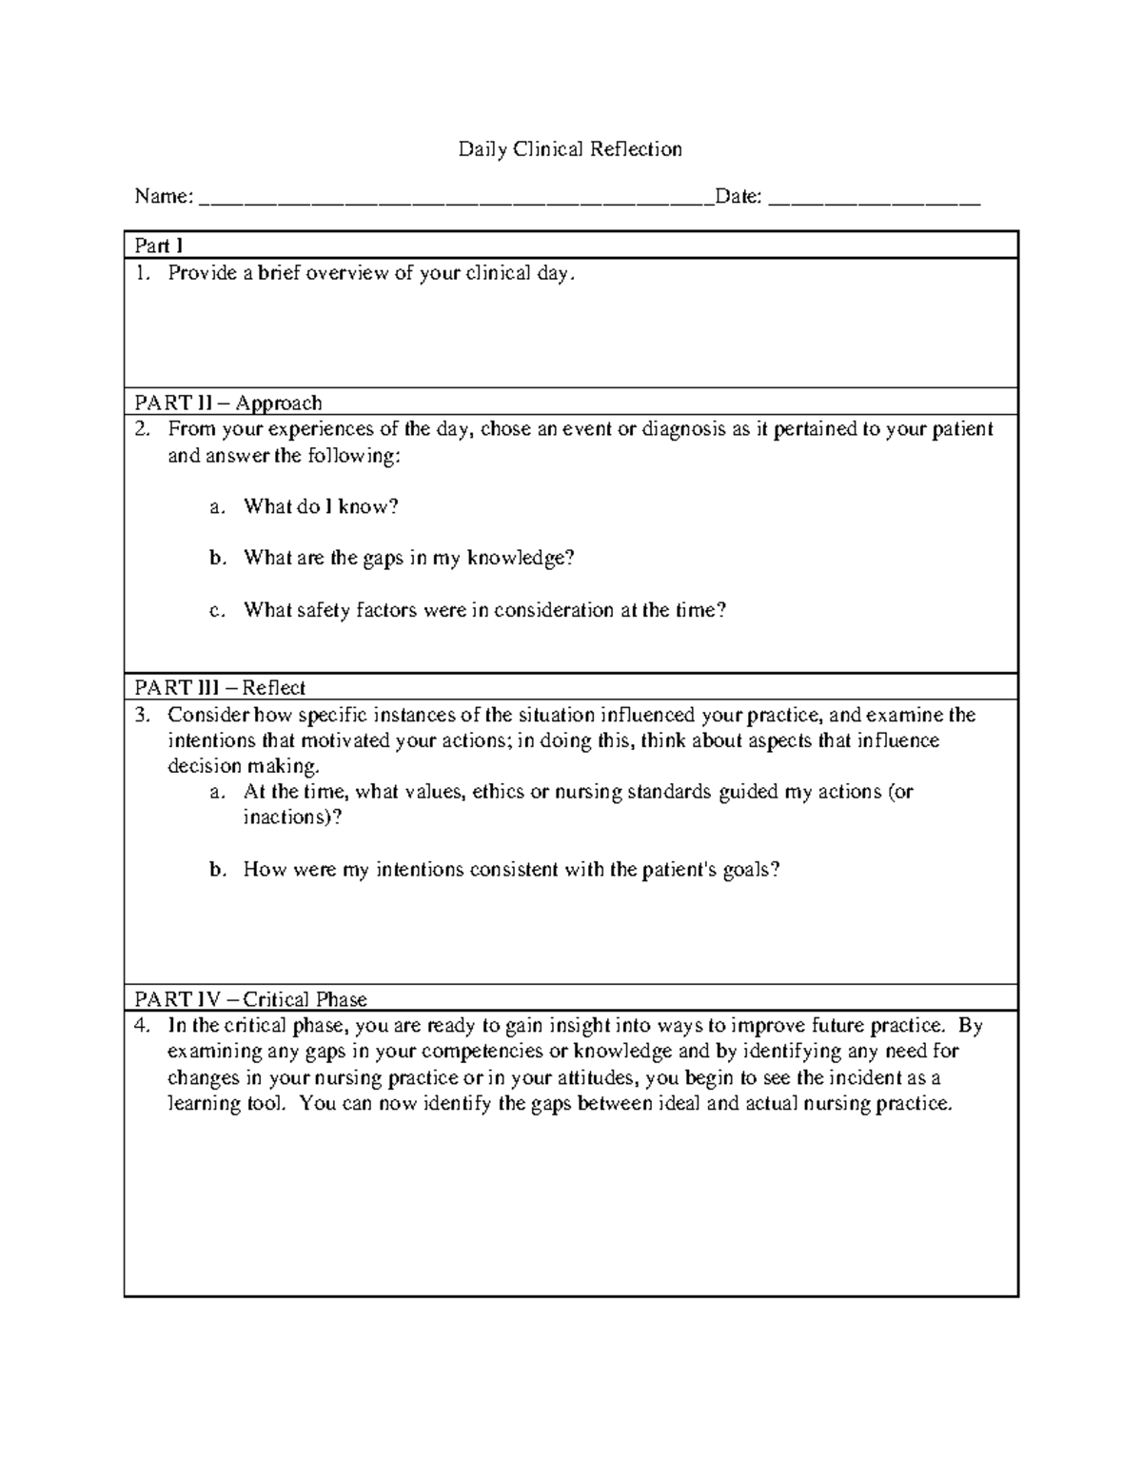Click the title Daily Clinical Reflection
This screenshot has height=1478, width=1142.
coord(570,149)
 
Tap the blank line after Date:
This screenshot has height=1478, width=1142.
coord(874,200)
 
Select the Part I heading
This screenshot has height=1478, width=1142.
coord(159,246)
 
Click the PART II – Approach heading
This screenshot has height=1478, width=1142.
coord(228,403)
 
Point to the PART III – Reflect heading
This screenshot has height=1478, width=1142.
coord(220,687)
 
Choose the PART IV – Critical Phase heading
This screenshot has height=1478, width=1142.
coord(250,999)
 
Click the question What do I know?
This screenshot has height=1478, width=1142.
coord(321,506)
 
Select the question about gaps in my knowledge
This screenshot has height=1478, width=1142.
coord(408,558)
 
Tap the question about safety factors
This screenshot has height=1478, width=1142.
coord(484,610)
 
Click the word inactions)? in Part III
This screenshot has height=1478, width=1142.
coord(291,818)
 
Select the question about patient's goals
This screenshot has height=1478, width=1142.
coord(511,869)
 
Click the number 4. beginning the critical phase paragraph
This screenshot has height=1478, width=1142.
coord(142,1026)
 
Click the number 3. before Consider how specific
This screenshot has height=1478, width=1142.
coord(142,715)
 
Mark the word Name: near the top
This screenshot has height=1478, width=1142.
coord(164,197)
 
